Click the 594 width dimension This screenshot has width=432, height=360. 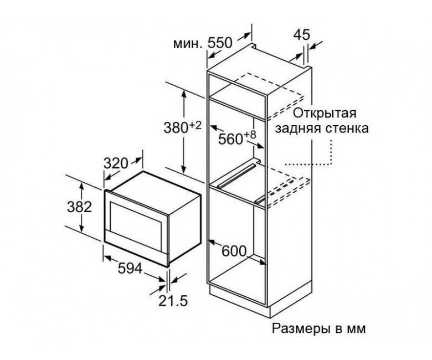tap(130, 269)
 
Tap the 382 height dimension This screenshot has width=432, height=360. tap(79, 207)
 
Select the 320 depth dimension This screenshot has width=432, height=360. tap(116, 163)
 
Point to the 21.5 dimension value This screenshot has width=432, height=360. tap(173, 301)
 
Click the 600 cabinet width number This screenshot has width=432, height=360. tap(234, 251)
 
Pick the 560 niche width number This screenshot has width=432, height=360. tap(230, 140)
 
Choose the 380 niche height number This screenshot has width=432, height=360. tap(176, 128)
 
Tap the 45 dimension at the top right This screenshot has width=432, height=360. tap(302, 35)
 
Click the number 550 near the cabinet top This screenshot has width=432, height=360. tap(220, 43)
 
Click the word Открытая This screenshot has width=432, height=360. tap(325, 113)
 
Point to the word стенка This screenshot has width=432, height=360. tap(347, 128)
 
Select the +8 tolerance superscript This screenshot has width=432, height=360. tap(250, 135)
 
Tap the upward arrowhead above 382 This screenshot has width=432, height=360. tap(81, 187)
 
